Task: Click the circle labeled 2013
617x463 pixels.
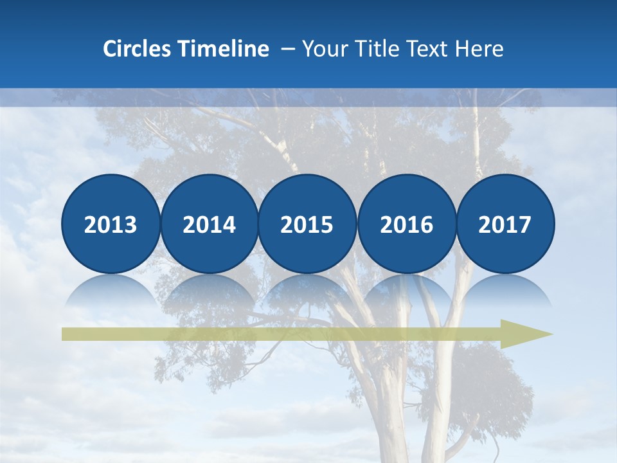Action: click(111, 224)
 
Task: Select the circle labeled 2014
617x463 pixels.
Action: click(210, 224)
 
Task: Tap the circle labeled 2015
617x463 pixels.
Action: click(307, 224)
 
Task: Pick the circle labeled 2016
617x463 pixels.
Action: click(406, 224)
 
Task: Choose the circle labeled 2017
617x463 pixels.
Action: click(505, 224)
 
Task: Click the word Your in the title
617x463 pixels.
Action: click(323, 49)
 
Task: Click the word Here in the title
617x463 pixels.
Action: click(479, 49)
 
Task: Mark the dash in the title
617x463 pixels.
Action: click(289, 50)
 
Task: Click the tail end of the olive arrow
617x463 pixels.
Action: click(67, 334)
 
